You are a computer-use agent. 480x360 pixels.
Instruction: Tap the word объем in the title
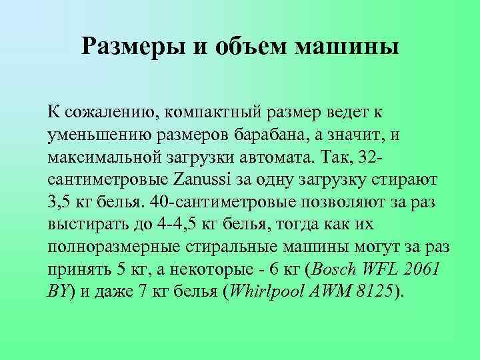pyautogui.click(x=251, y=47)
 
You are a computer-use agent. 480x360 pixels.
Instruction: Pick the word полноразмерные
pyautogui.click(x=114, y=247)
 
